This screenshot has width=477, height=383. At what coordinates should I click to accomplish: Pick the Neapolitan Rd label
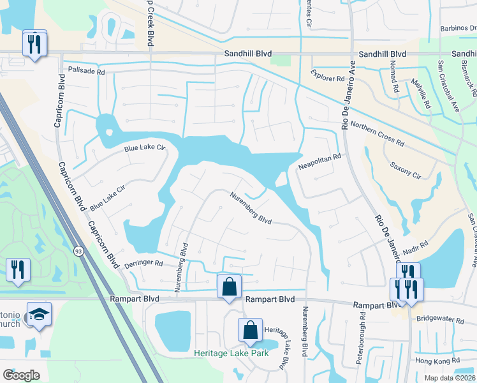click(320, 161)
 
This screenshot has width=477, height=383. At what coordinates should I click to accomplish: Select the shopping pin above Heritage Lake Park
click(251, 330)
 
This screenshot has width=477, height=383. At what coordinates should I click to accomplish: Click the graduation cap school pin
click(39, 314)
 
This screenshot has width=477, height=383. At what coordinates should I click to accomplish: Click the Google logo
click(21, 375)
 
